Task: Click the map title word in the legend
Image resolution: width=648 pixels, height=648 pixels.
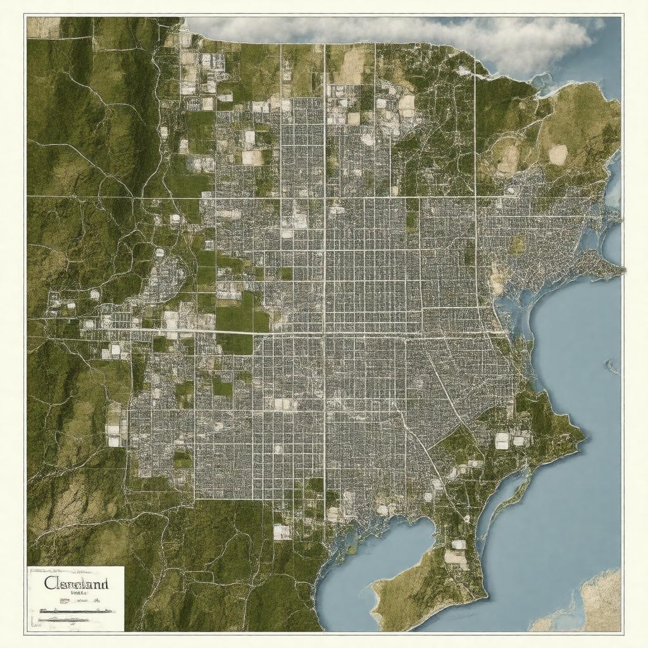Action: point(77,583)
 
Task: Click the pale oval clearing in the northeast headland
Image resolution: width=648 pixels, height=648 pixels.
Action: point(558,154)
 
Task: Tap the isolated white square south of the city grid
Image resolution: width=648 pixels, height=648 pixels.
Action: point(282,532)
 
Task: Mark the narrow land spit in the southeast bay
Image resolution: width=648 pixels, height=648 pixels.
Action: point(506,500)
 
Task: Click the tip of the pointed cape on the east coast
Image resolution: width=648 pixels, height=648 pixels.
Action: point(623,271)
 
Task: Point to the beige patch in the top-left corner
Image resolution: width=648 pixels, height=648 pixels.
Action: point(43,27)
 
